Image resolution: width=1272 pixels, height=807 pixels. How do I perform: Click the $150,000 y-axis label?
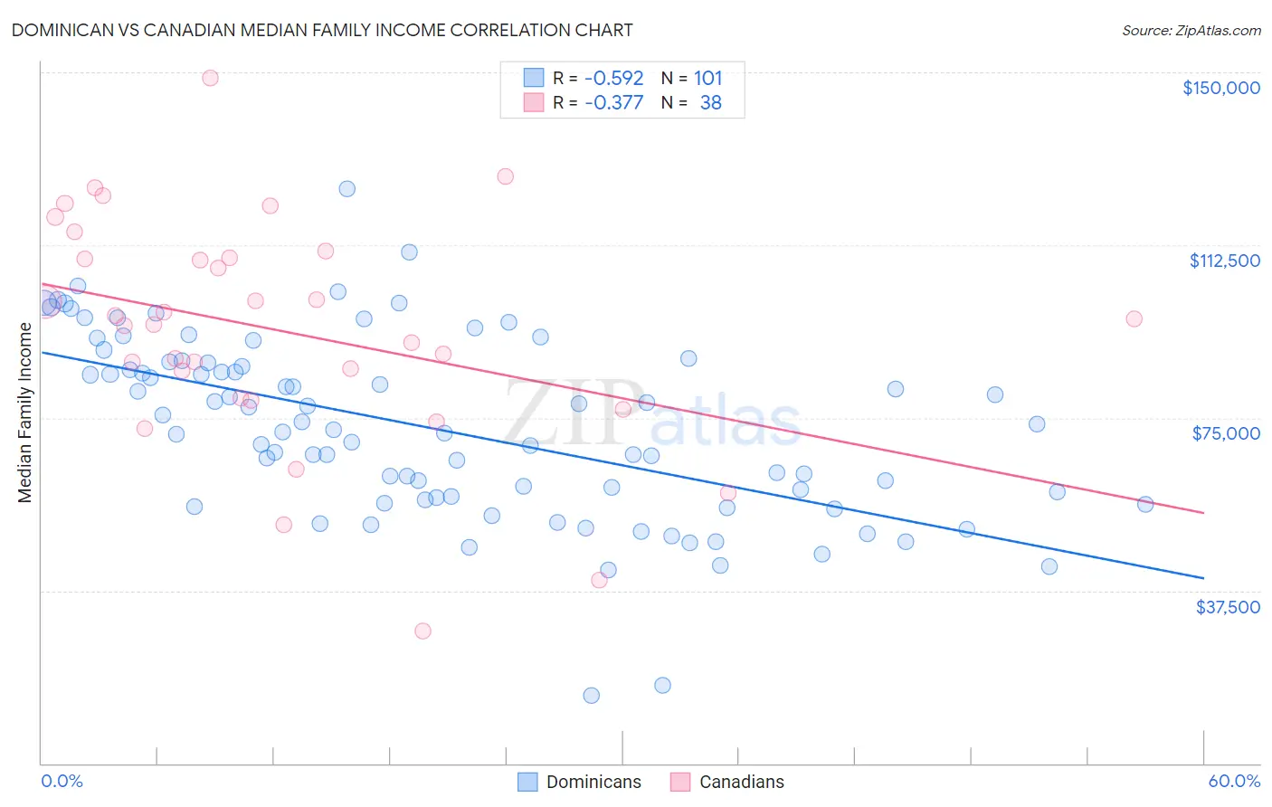click(1220, 88)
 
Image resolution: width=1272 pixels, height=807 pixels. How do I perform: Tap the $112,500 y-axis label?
click(1224, 261)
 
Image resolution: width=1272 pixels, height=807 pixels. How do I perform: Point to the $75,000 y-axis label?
click(1226, 433)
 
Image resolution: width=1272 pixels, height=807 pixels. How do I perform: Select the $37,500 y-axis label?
click(1228, 606)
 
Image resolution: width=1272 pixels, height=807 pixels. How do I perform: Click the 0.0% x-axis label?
click(62, 781)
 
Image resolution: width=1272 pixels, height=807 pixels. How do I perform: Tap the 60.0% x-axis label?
click(1234, 781)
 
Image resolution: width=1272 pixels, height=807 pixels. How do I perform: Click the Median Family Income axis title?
click(25, 413)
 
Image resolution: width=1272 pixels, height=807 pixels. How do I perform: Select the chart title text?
click(322, 30)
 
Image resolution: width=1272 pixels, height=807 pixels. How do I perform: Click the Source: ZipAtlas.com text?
click(1191, 30)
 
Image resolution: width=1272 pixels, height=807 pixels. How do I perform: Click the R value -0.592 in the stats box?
click(613, 78)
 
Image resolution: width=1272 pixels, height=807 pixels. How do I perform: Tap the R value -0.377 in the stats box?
click(613, 102)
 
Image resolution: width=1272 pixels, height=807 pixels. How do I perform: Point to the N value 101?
click(707, 78)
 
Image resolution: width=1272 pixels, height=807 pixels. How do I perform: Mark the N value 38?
click(710, 102)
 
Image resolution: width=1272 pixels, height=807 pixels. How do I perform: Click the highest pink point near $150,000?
click(210, 78)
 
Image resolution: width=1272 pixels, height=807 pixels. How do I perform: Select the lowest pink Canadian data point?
click(422, 631)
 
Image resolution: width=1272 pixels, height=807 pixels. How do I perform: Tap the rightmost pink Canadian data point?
click(1134, 318)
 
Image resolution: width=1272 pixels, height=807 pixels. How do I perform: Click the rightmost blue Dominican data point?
click(1145, 504)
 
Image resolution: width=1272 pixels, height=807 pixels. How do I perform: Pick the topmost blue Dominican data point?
click(346, 189)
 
